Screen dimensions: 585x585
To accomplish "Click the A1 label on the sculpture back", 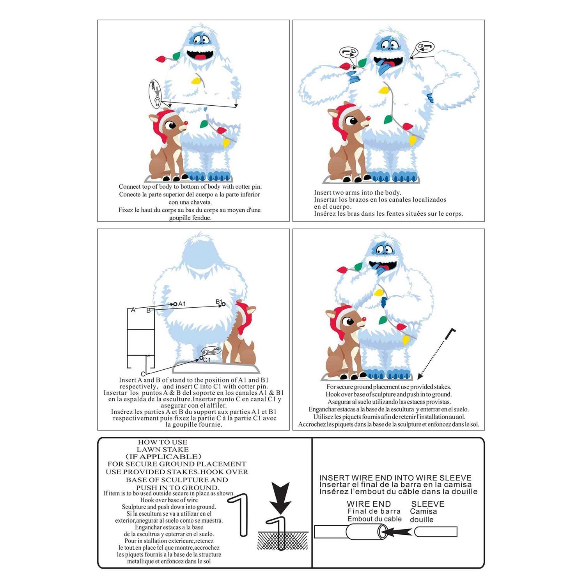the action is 182,304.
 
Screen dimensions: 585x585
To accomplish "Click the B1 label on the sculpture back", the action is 219,301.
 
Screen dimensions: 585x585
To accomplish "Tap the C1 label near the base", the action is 207,360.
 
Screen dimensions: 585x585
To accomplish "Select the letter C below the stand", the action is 143,374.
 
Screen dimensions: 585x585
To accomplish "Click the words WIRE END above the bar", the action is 369,504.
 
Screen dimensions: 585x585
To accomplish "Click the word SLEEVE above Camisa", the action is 428,504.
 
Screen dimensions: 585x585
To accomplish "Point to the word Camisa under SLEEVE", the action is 424,511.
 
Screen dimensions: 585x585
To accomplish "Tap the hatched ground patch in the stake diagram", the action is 283,541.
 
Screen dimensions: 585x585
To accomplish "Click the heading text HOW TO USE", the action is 163,442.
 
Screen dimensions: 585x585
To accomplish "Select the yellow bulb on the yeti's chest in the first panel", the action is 196,81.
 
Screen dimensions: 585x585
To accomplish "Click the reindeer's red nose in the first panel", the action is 186,122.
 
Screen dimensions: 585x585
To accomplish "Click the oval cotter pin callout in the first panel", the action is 155,94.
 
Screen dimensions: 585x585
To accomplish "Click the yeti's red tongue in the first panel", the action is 200,57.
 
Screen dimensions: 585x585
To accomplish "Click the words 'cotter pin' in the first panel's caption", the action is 248,187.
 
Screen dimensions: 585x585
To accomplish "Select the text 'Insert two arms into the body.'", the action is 358,192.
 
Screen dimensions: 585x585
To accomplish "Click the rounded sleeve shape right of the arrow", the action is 436,532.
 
